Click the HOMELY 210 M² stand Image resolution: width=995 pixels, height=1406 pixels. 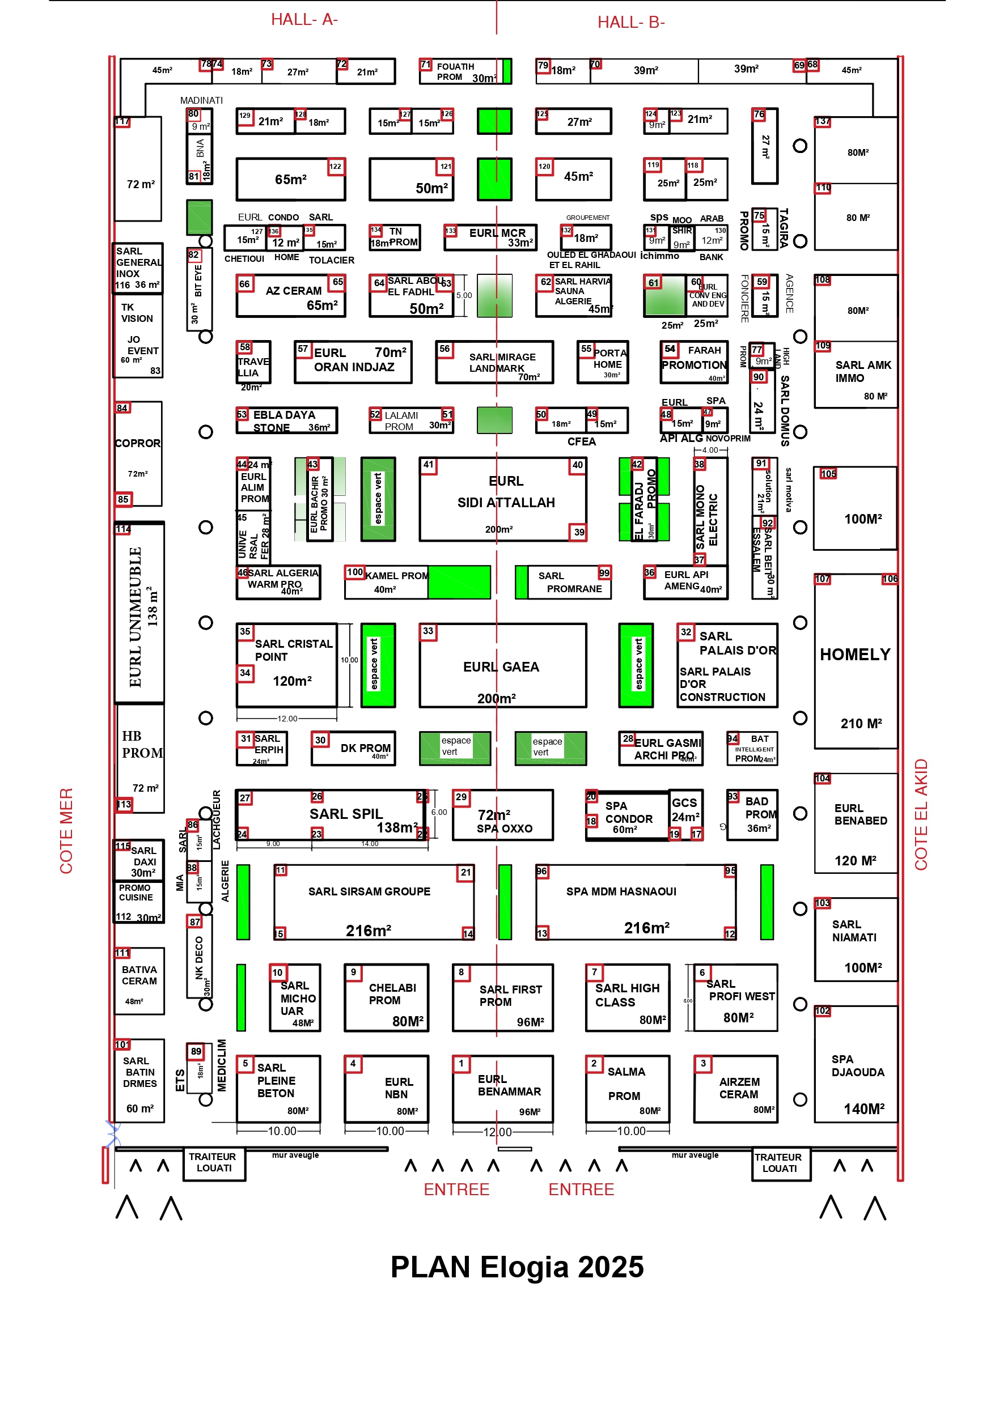coord(856,661)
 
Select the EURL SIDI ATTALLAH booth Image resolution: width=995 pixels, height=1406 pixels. coord(502,499)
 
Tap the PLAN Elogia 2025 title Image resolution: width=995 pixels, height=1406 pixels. coord(516,1267)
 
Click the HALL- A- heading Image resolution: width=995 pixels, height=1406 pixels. coord(304,20)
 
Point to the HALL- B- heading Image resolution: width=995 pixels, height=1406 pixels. coord(630,22)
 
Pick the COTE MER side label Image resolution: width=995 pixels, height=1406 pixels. coord(66,830)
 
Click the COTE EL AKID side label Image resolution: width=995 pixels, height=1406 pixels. coord(921,814)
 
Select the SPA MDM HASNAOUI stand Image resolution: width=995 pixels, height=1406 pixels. coord(636,902)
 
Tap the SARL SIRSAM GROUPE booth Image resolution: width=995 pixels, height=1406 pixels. coord(374,902)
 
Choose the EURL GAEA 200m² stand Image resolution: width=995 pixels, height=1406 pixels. coord(502,666)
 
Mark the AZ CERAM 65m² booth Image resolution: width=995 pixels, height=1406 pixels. coord(291,296)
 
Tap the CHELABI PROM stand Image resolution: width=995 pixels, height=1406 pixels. coord(386,997)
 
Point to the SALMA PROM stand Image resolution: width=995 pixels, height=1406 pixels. coord(628,1088)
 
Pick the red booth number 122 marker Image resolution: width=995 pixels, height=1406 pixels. coord(335,167)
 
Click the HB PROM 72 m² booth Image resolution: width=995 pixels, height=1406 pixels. coord(139,758)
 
